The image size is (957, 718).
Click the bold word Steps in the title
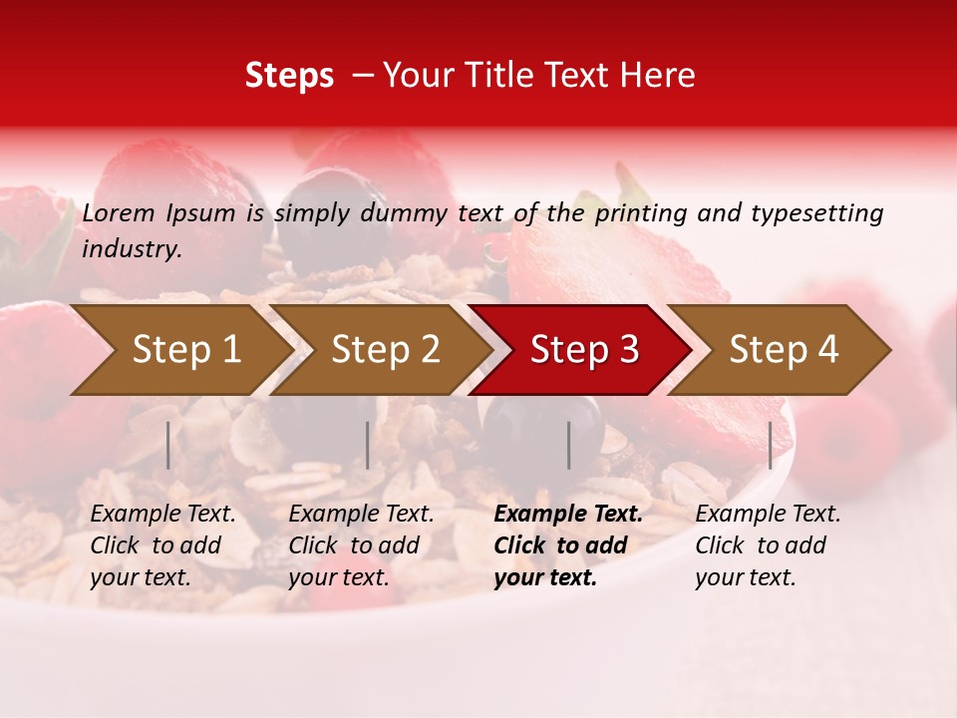click(289, 76)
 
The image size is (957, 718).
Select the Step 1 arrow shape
click(179, 349)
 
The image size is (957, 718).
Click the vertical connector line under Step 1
click(168, 445)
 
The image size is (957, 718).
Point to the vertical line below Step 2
click(368, 445)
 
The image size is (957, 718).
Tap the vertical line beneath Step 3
click(568, 445)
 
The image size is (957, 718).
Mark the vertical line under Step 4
click(770, 445)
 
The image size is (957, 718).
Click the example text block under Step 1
click(162, 545)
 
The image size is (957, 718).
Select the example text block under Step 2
click(361, 545)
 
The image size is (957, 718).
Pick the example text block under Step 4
click(768, 545)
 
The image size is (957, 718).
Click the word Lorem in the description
click(119, 212)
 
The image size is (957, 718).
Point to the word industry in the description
click(132, 248)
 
